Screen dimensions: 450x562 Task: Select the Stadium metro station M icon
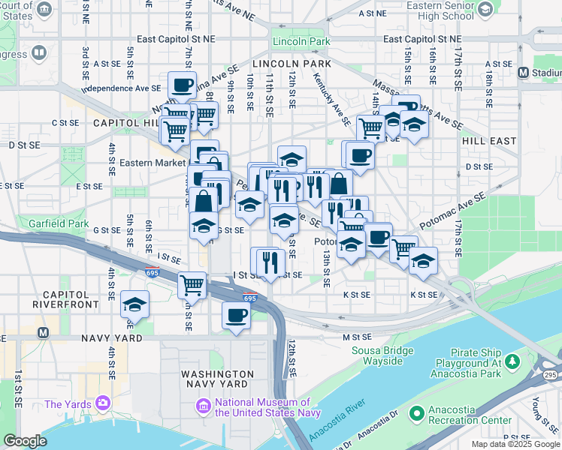(524, 73)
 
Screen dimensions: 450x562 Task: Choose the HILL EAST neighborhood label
(489, 140)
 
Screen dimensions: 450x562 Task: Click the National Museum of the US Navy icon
(201, 406)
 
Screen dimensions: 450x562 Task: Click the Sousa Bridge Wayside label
(388, 355)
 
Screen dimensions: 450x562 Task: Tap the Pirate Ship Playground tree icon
(513, 362)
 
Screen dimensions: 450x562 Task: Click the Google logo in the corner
(25, 441)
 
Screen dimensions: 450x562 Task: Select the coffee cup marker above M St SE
(236, 315)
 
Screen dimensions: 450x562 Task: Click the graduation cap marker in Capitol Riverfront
(134, 304)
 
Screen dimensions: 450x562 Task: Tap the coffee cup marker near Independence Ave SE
(182, 85)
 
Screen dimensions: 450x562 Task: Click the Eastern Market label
(153, 163)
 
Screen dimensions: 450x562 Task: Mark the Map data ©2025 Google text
(515, 444)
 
